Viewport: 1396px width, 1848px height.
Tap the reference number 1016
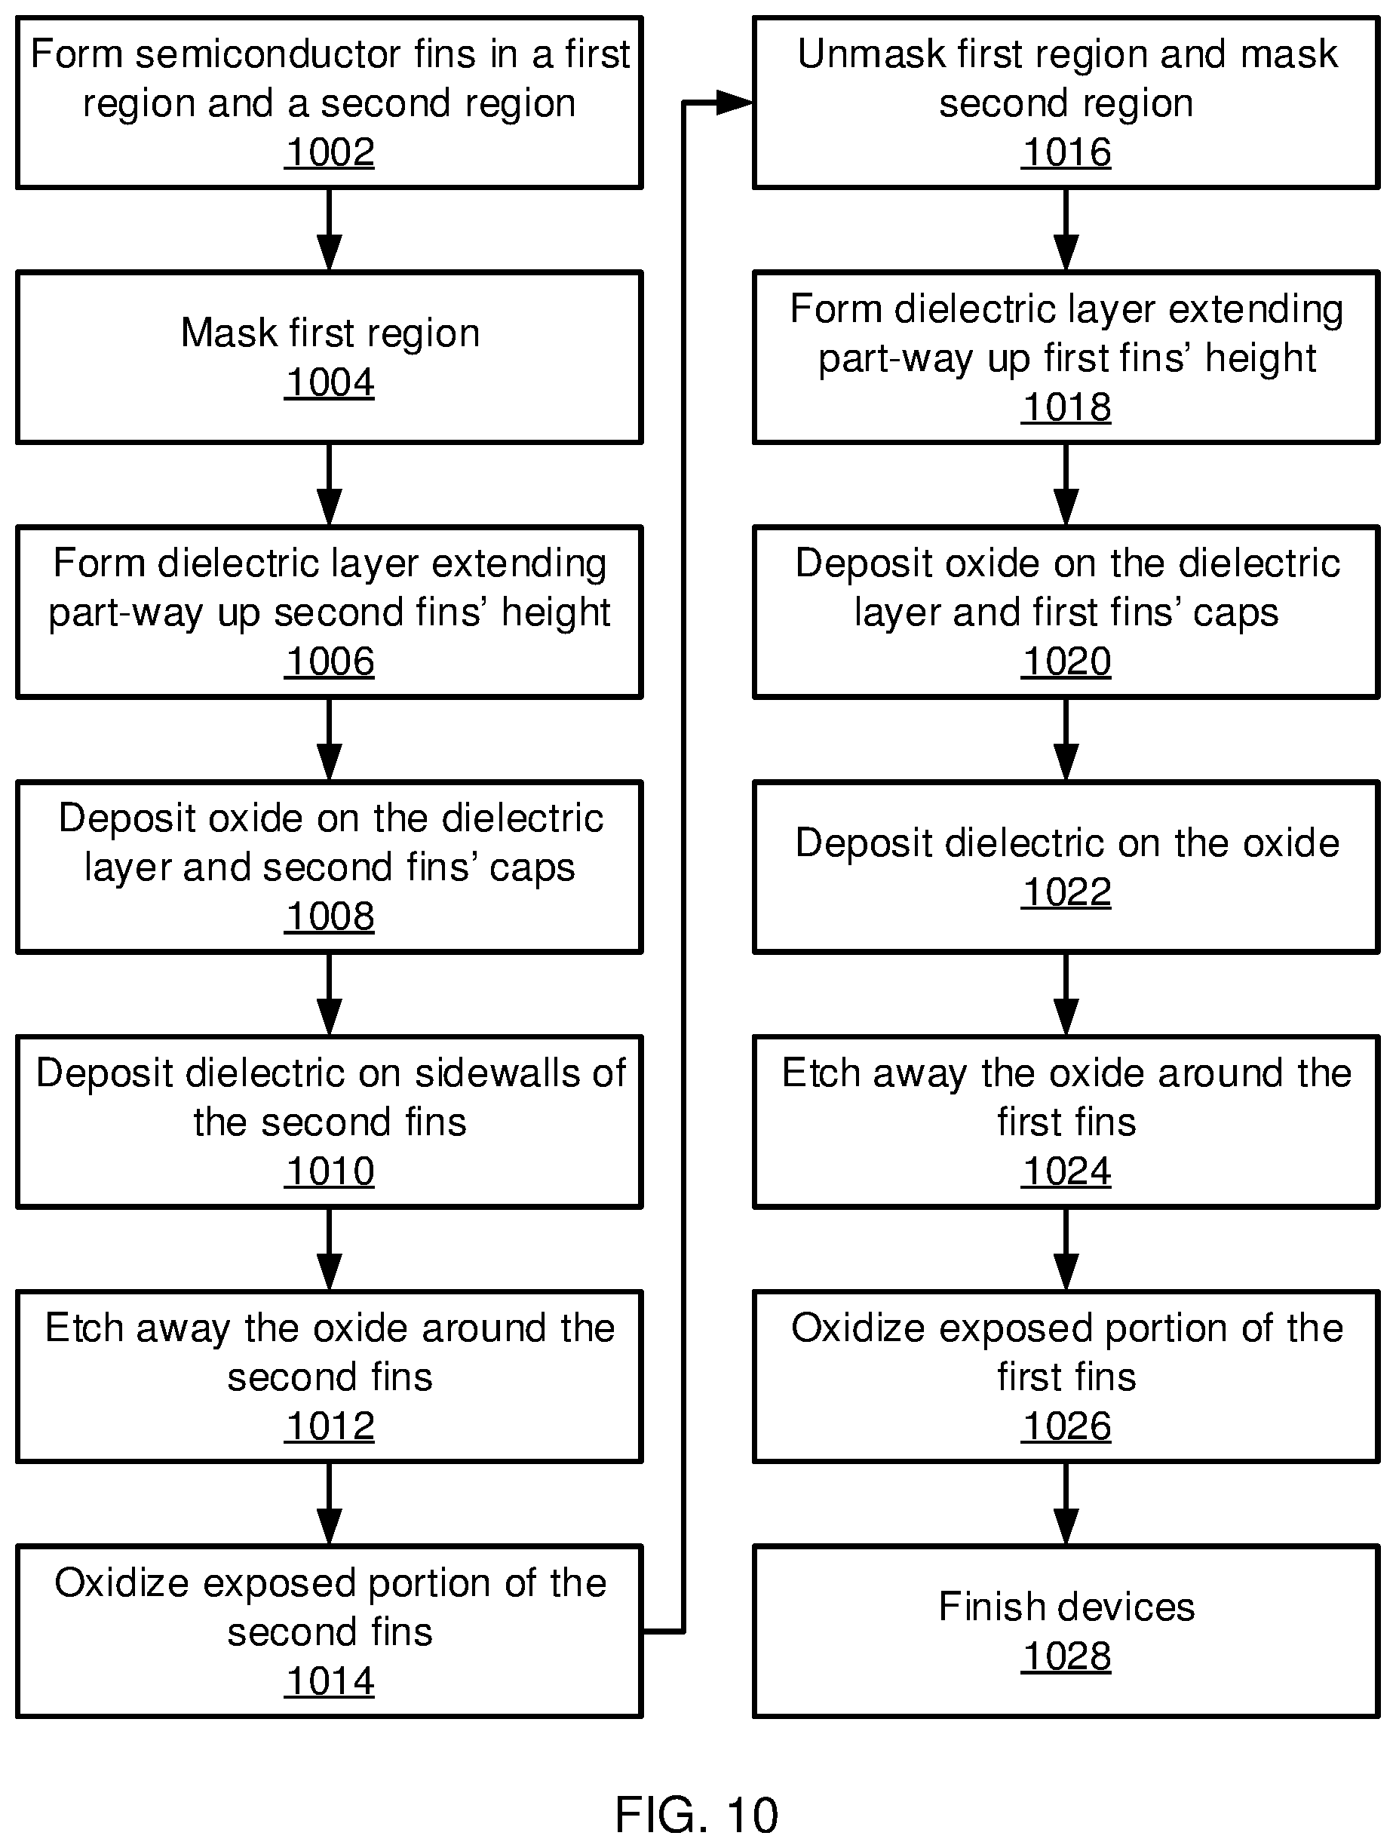point(1066,152)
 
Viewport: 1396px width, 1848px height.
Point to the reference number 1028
point(1066,1656)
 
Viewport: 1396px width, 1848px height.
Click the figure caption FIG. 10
point(697,1815)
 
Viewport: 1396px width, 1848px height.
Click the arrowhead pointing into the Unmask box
point(735,103)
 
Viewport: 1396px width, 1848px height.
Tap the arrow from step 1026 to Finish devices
point(1066,1504)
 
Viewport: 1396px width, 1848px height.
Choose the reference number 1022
point(1066,892)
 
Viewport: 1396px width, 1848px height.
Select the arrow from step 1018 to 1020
point(1066,484)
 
